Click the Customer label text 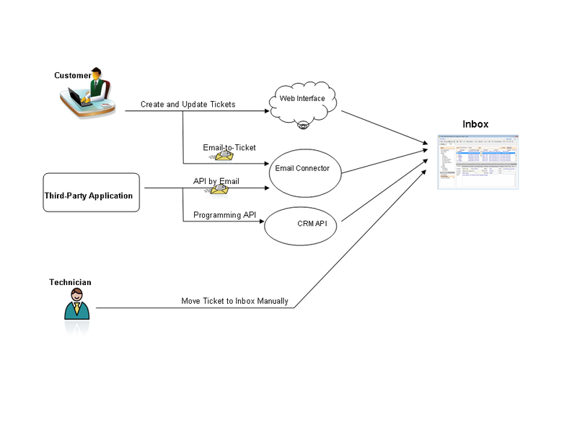pos(72,76)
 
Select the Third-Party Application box pos(91,193)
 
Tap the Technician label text pos(70,282)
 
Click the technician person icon pos(77,305)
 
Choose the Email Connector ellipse pos(302,169)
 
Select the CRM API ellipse pos(301,224)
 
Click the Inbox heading pos(475,124)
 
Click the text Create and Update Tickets pos(188,105)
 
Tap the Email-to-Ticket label pos(229,147)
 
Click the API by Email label pos(216,180)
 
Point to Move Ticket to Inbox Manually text pos(234,301)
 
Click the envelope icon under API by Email pos(218,189)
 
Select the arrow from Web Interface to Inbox pos(382,128)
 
